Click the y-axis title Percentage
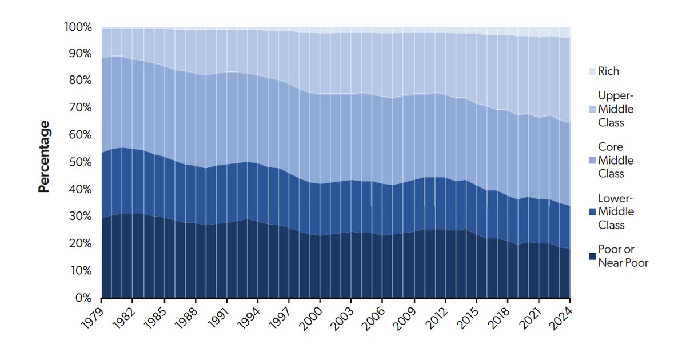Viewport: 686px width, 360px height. point(44,156)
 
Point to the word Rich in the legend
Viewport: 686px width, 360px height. point(608,72)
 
